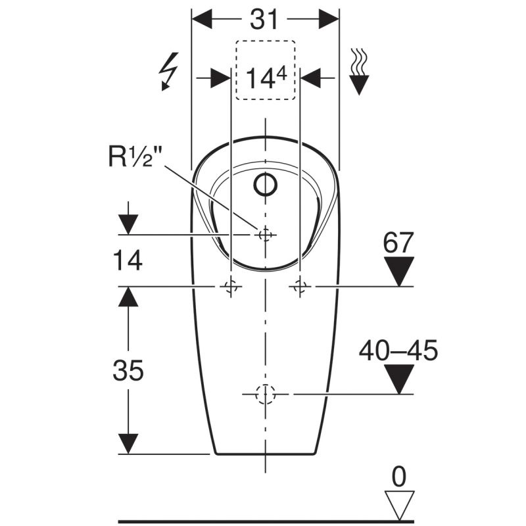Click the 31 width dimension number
(265, 19)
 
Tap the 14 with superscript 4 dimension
(266, 78)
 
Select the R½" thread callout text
(135, 156)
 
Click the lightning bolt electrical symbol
(169, 72)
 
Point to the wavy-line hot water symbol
(359, 72)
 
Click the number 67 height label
(398, 243)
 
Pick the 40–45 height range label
(398, 350)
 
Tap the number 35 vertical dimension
(128, 370)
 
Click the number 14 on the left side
(128, 260)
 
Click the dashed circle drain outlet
(266, 394)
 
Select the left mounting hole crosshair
(231, 287)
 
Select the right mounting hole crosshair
(300, 287)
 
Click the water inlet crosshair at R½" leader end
(266, 235)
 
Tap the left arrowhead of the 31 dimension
(202, 19)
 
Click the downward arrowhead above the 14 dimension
(128, 224)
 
